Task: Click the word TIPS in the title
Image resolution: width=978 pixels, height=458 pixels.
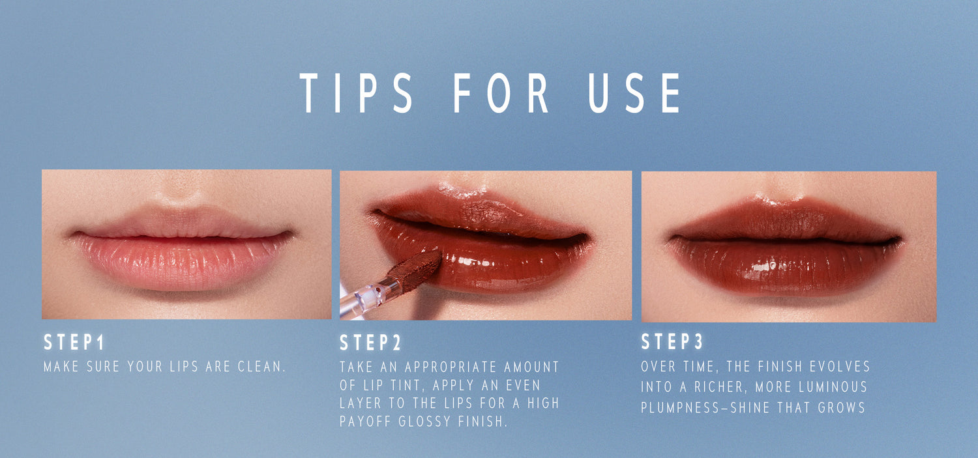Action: point(356,93)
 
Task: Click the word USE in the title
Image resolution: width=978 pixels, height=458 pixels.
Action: point(634,93)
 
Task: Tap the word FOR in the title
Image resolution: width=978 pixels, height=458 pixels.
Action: point(500,93)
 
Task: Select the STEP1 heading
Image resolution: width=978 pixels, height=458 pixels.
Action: point(74,343)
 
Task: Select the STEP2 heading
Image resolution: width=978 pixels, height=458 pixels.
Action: point(370,343)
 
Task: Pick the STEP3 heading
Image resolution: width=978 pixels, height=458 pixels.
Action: point(672,341)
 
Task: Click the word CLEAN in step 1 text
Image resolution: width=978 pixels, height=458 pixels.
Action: point(261,366)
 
